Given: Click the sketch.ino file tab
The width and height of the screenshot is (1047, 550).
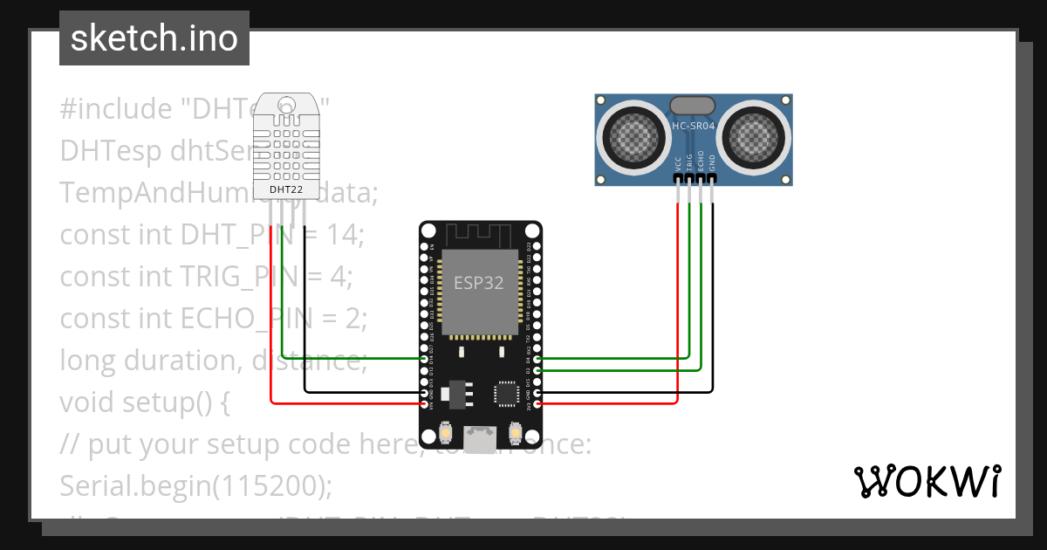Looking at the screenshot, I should (154, 38).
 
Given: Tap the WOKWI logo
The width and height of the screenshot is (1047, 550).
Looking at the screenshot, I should (926, 481).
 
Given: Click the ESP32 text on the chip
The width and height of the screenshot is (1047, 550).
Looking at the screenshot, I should (478, 282).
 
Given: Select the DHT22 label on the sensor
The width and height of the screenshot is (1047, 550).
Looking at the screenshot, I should (286, 189).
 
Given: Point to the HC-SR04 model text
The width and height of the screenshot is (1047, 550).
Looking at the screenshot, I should (694, 127).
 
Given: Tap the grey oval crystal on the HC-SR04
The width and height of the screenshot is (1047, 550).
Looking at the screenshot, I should (694, 106).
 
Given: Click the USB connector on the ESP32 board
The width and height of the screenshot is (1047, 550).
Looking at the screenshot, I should (478, 438).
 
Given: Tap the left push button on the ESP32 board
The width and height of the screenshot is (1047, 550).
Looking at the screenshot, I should (446, 432).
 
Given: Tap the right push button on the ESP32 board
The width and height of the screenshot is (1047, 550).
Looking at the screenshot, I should (514, 432).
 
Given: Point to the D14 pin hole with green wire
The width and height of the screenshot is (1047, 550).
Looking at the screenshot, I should (426, 359).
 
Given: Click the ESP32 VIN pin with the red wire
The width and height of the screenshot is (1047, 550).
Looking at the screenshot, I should (426, 404).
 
